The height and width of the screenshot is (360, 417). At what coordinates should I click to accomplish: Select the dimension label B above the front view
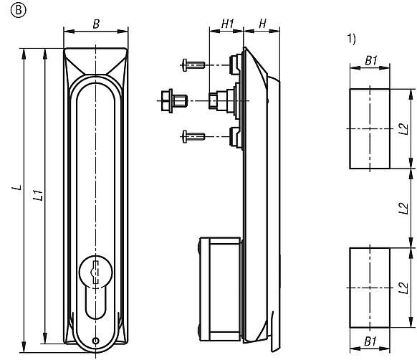[x=95, y=23]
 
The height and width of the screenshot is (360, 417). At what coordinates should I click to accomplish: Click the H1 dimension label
[x=226, y=24]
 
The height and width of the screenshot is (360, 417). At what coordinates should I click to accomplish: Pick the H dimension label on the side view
[x=262, y=24]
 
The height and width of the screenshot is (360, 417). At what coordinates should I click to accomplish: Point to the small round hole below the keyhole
[x=95, y=341]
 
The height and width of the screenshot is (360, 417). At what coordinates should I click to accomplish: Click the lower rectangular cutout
[x=370, y=286]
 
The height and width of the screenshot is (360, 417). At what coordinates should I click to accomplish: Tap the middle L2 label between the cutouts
[x=403, y=208]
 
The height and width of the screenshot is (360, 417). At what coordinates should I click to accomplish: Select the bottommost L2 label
[x=403, y=286]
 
